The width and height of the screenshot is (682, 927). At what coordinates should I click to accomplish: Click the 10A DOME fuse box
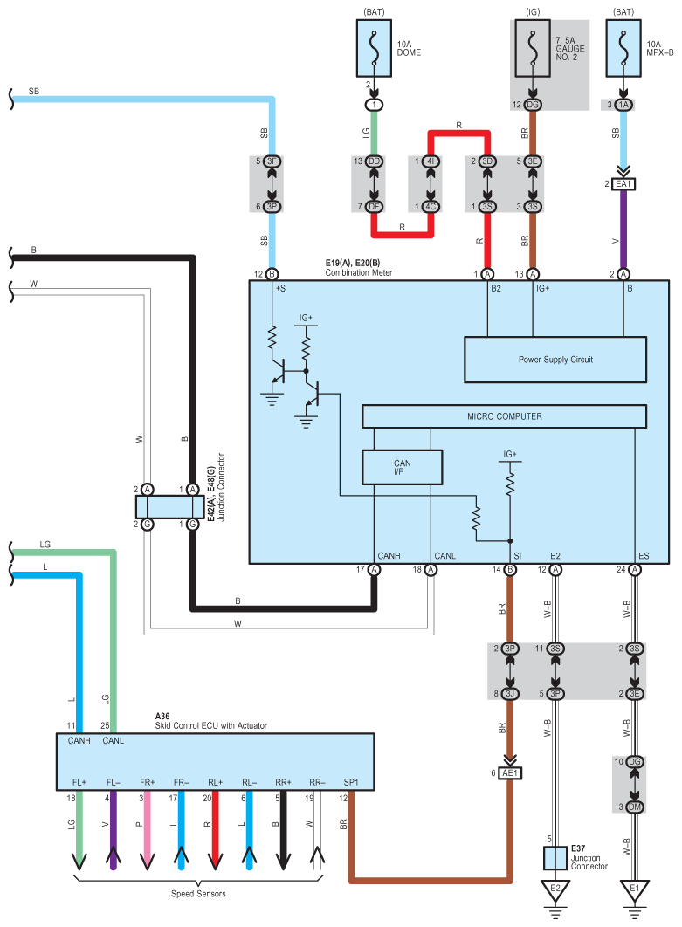tap(374, 49)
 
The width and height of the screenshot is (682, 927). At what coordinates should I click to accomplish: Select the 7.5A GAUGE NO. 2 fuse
tap(533, 49)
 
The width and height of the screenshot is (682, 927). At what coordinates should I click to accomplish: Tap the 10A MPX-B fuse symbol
tap(623, 49)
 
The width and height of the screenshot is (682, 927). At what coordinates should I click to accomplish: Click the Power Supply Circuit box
tap(555, 360)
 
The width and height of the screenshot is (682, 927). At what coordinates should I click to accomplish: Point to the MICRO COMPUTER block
tap(505, 416)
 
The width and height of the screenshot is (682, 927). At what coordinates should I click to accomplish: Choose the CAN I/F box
tap(403, 468)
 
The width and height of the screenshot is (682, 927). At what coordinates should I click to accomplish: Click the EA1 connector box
tap(623, 184)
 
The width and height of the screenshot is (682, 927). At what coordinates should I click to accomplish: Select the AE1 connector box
tap(510, 772)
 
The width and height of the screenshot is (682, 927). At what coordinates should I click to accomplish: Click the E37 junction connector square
tap(555, 858)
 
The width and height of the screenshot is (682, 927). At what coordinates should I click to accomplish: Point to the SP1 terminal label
tap(351, 782)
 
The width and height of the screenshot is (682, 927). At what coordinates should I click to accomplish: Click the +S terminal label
tap(280, 289)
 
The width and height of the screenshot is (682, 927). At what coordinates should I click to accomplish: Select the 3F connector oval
tap(272, 161)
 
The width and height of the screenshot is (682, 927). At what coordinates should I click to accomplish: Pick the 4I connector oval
tap(431, 161)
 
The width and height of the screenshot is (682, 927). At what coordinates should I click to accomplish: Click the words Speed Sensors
tap(198, 894)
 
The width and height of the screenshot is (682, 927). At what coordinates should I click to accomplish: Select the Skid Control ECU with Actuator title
tap(210, 725)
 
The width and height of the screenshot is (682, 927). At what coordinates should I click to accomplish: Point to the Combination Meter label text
tap(358, 272)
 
